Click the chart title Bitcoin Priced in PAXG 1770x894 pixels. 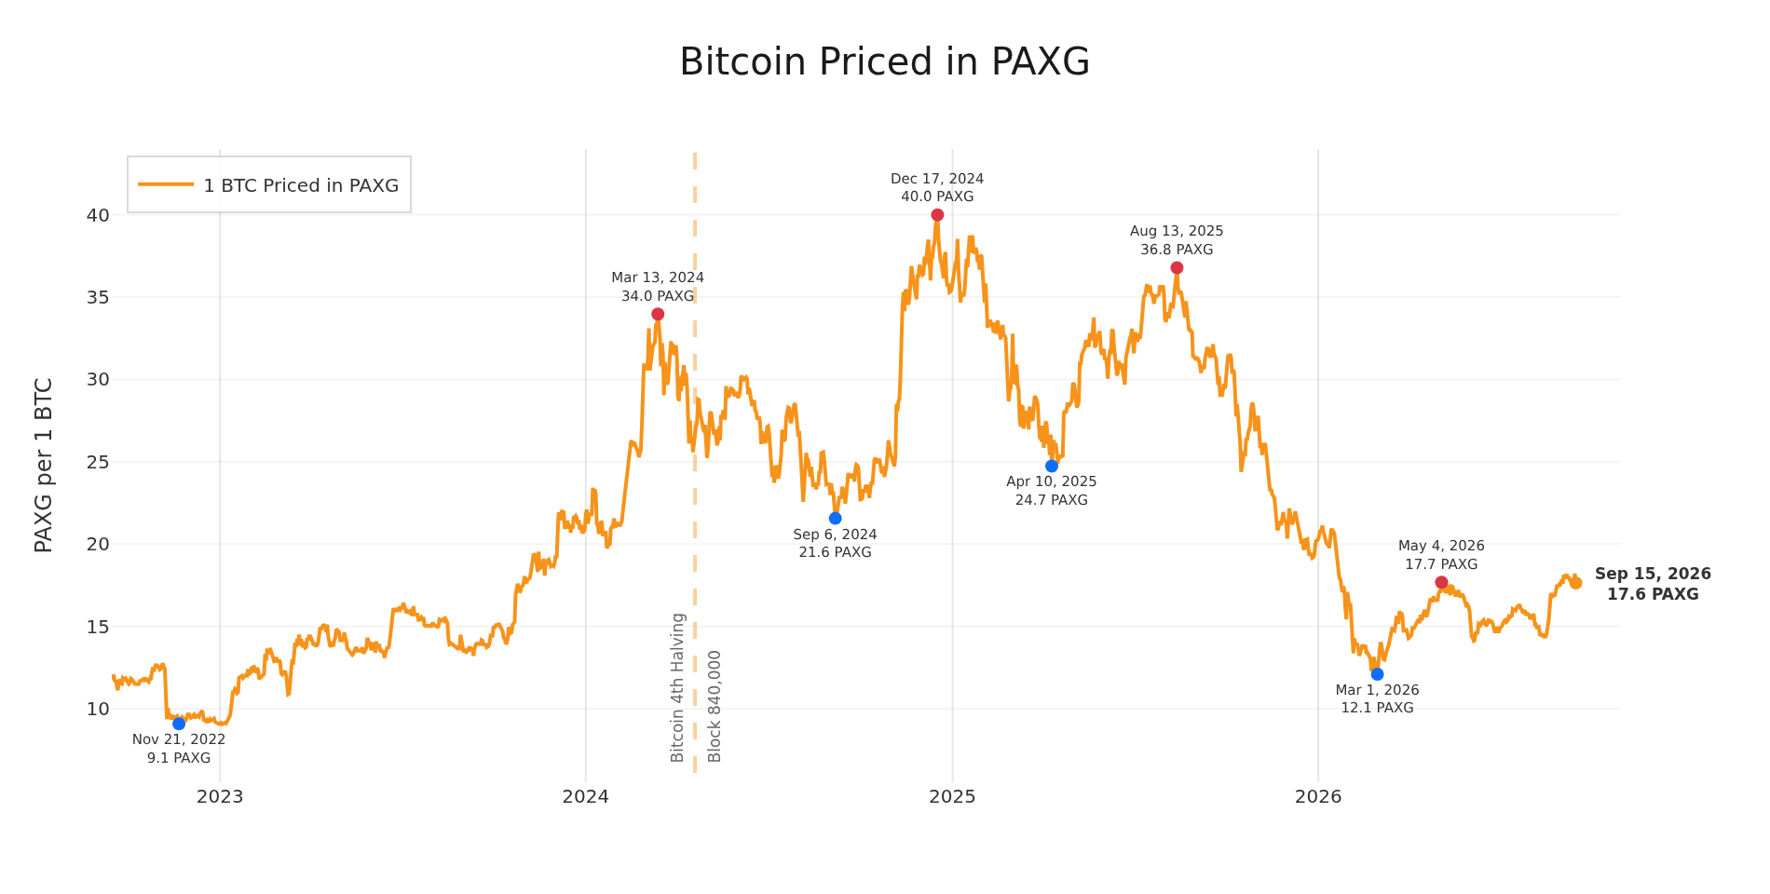(884, 62)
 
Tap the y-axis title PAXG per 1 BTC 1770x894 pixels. (43, 465)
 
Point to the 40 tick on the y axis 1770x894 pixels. (98, 215)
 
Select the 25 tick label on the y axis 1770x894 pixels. (98, 462)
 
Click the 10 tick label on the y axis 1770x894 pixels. (98, 709)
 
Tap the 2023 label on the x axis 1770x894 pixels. (220, 796)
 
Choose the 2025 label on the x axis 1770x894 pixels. (952, 796)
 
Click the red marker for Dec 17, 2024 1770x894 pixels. (937, 215)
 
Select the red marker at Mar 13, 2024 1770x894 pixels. (658, 314)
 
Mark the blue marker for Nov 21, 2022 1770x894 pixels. (179, 724)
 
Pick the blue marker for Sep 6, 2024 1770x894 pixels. (835, 518)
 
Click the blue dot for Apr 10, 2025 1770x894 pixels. (1052, 466)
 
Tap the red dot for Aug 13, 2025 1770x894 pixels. (1177, 268)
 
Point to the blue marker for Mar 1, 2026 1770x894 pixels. (1377, 674)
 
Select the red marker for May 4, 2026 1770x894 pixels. (1441, 582)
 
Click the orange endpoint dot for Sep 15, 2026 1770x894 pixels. (1575, 583)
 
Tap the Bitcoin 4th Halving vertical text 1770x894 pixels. (678, 687)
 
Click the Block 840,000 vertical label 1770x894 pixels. (715, 706)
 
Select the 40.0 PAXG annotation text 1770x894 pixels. (937, 196)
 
